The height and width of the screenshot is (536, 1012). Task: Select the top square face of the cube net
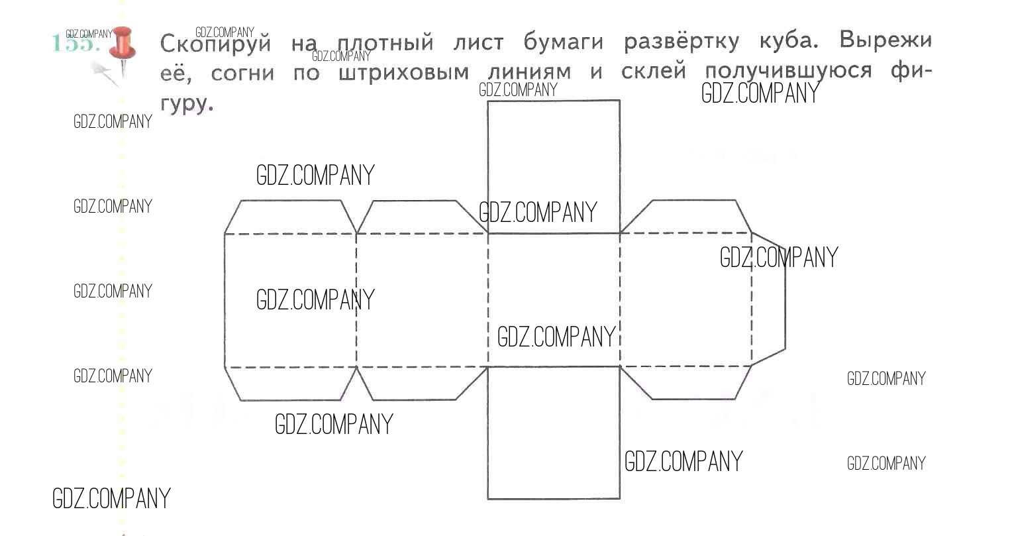pos(554,166)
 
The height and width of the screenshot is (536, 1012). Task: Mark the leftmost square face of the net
pos(290,299)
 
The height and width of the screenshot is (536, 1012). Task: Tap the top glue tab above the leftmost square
pos(290,217)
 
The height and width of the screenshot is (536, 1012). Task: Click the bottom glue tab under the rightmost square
pos(686,382)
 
